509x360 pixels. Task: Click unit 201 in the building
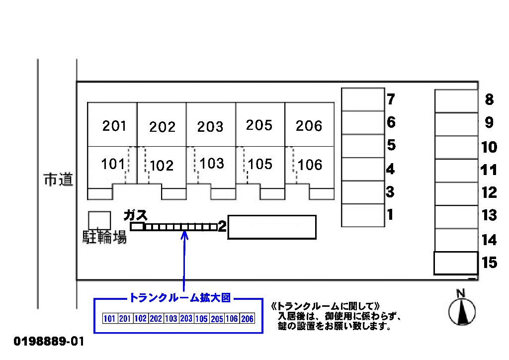click(x=114, y=126)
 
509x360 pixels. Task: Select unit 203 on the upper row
click(x=210, y=126)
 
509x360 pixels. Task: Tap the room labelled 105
click(x=260, y=164)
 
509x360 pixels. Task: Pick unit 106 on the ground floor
click(x=310, y=165)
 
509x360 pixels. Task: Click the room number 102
click(x=162, y=165)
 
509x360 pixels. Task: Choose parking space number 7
click(x=363, y=99)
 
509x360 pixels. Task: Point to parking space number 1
click(x=363, y=215)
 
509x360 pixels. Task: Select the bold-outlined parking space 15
click(x=456, y=263)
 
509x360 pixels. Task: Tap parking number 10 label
click(x=489, y=147)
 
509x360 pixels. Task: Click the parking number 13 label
click(x=489, y=215)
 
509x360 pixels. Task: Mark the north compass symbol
click(x=462, y=312)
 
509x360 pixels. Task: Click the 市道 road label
click(x=58, y=180)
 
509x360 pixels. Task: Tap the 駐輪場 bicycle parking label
click(x=104, y=237)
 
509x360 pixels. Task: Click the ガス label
click(x=136, y=215)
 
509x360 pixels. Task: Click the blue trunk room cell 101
click(x=110, y=319)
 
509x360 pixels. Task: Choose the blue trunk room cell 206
click(x=247, y=319)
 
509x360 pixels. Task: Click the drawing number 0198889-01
click(x=49, y=342)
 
